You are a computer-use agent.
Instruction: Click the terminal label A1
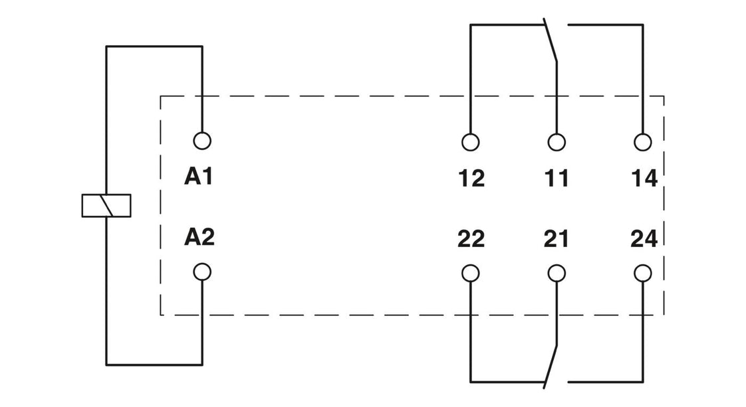pos(199,177)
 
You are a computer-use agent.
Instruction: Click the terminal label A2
pos(199,238)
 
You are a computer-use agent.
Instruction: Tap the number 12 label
pos(471,178)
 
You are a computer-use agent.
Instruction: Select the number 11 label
pos(557,178)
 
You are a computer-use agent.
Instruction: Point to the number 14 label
pos(643,178)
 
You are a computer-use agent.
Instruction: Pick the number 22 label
pos(471,238)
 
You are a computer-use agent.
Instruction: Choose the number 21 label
pos(557,238)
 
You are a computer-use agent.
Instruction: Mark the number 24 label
pos(643,238)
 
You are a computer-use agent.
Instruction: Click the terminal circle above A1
pos(201,141)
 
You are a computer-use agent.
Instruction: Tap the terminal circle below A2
pos(201,272)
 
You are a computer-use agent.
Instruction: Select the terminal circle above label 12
pos(470,142)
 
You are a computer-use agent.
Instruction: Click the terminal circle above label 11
pos(557,142)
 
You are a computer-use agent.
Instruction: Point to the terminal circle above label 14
pos(642,142)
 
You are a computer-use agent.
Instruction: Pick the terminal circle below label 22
pos(470,273)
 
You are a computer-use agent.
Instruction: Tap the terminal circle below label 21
pos(557,273)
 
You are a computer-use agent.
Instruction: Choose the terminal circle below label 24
pos(642,273)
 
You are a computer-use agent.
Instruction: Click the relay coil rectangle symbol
pos(106,205)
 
